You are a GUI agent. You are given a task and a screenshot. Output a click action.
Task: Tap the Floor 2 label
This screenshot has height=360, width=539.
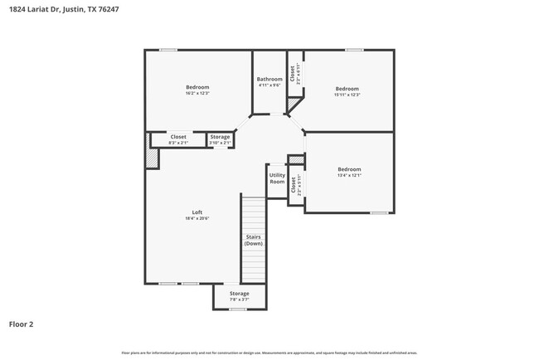(22, 324)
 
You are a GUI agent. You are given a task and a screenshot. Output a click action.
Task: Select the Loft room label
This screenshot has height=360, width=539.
(197, 212)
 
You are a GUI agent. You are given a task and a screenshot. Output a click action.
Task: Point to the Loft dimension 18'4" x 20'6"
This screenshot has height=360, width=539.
(197, 218)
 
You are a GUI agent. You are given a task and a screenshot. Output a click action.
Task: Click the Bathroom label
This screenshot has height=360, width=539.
(269, 79)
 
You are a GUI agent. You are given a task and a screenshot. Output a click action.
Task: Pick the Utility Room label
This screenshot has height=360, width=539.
(277, 178)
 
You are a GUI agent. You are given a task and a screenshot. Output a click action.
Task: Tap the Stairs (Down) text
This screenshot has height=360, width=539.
(254, 241)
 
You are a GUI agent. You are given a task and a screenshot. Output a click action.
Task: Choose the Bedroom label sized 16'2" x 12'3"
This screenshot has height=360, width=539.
(197, 87)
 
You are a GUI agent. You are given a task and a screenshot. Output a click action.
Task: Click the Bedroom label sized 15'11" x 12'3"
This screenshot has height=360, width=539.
(347, 88)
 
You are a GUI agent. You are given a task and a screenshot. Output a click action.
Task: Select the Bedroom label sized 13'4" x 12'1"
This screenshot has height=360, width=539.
(349, 169)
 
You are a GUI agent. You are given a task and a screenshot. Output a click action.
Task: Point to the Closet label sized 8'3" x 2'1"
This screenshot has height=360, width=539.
(178, 137)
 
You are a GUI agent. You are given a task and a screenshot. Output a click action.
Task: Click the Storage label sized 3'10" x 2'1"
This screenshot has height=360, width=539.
(220, 137)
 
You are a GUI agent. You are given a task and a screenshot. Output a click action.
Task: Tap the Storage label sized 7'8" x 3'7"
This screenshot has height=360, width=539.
(239, 294)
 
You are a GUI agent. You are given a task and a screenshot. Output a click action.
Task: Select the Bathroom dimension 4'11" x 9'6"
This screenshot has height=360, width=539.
(269, 85)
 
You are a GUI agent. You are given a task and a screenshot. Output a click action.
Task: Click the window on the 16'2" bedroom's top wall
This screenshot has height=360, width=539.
(168, 50)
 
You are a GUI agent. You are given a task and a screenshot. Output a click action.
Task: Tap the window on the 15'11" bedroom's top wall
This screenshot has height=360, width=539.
(355, 50)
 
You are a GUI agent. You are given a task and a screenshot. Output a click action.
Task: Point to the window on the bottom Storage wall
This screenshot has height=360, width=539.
(239, 309)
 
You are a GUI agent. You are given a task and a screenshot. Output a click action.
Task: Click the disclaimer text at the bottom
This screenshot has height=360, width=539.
(269, 353)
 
